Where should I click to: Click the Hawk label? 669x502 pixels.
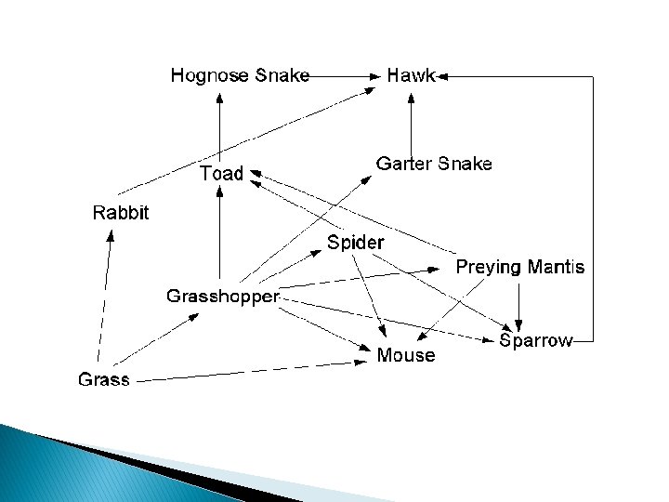[x=411, y=75]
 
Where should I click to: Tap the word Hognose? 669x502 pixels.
[x=209, y=75]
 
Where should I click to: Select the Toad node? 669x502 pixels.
[x=221, y=173]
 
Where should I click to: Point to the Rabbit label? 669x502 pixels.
[x=121, y=213]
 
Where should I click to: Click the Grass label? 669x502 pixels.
[x=104, y=379]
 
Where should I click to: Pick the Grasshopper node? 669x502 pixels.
[x=223, y=297]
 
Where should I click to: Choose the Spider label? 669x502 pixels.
[x=355, y=243]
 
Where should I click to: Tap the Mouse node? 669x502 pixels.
[x=406, y=355]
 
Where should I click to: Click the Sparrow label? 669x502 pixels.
[x=536, y=340]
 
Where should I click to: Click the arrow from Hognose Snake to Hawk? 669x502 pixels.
[x=345, y=77]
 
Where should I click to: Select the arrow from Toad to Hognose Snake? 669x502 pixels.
[x=219, y=128]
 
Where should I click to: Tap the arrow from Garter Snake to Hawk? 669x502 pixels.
[x=411, y=125]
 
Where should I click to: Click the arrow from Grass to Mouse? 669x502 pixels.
[x=252, y=372]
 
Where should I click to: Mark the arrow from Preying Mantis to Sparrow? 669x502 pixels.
[x=518, y=308]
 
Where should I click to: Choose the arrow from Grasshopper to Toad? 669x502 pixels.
[x=219, y=232]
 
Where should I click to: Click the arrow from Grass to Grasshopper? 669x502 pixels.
[x=156, y=339]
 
